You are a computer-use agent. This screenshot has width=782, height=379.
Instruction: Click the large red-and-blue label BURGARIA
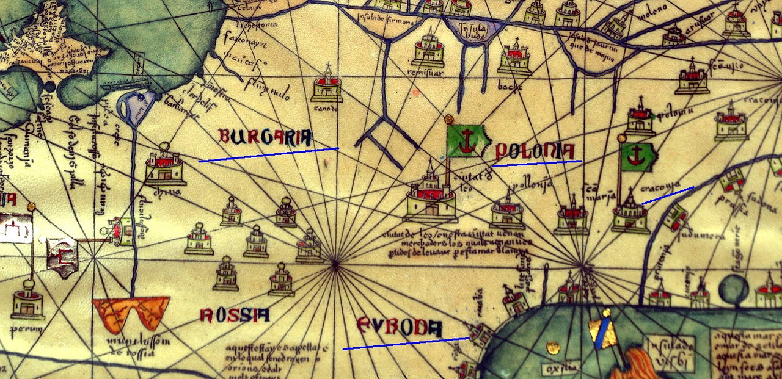pos(265,136)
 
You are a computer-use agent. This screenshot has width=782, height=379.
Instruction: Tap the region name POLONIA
pos(535,151)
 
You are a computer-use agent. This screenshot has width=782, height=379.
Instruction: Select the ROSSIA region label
pos(234,315)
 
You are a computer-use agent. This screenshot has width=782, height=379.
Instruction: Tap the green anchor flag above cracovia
pos(637,157)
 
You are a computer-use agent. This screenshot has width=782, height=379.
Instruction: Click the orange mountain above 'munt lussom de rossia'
pos(131,312)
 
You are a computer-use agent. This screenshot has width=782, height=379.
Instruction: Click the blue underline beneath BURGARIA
pos(268,154)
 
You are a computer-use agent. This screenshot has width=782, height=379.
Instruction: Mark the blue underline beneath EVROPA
pos(406,343)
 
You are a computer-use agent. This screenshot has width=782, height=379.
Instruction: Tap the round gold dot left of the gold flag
pos(554,347)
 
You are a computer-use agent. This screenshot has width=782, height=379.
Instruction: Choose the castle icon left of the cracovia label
pos(630,214)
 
